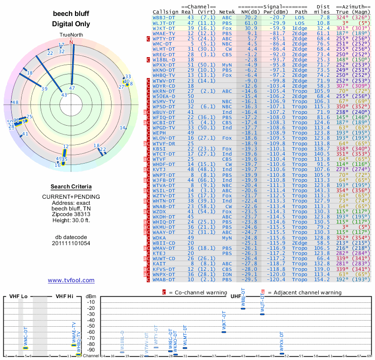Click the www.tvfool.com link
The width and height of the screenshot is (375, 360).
pos(71,280)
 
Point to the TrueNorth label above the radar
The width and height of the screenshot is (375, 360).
pos(71,36)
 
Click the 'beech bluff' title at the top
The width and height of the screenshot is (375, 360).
pos(71,14)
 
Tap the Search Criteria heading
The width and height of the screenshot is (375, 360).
pos(71,186)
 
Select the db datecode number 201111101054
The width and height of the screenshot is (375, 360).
pos(71,243)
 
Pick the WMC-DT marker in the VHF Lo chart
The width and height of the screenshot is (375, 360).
pos(26,347)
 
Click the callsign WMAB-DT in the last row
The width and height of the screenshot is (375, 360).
pos(164,280)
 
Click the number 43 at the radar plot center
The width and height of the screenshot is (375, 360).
pos(64,95)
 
